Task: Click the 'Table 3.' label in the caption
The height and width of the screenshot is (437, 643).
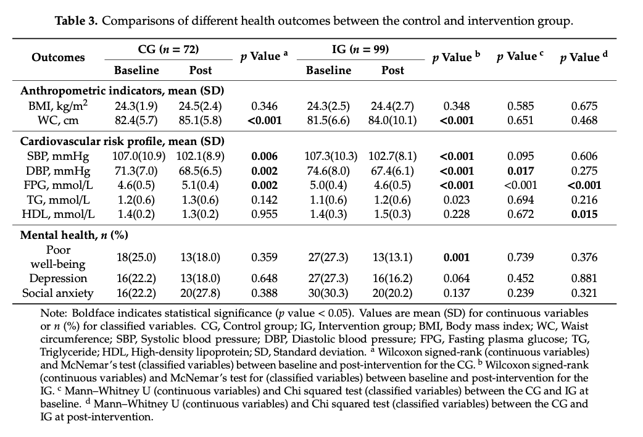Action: pos(77,21)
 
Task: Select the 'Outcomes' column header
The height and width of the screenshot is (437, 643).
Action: pos(58,57)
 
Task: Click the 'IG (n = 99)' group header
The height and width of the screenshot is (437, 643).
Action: pos(360,49)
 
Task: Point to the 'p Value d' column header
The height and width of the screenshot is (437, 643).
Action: pos(584,57)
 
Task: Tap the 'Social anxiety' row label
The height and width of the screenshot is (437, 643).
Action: pos(58,293)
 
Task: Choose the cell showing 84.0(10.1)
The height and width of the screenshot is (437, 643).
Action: pos(392,120)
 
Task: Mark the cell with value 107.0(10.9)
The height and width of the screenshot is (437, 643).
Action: pos(136,156)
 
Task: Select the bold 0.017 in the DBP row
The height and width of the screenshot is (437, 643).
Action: pos(520,171)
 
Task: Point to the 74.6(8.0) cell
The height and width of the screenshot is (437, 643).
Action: pos(328,171)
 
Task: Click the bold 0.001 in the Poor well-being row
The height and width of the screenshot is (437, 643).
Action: pos(457,257)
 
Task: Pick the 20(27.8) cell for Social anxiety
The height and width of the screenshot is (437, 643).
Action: pos(201,293)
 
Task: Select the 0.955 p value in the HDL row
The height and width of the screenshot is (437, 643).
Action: pos(264,214)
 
